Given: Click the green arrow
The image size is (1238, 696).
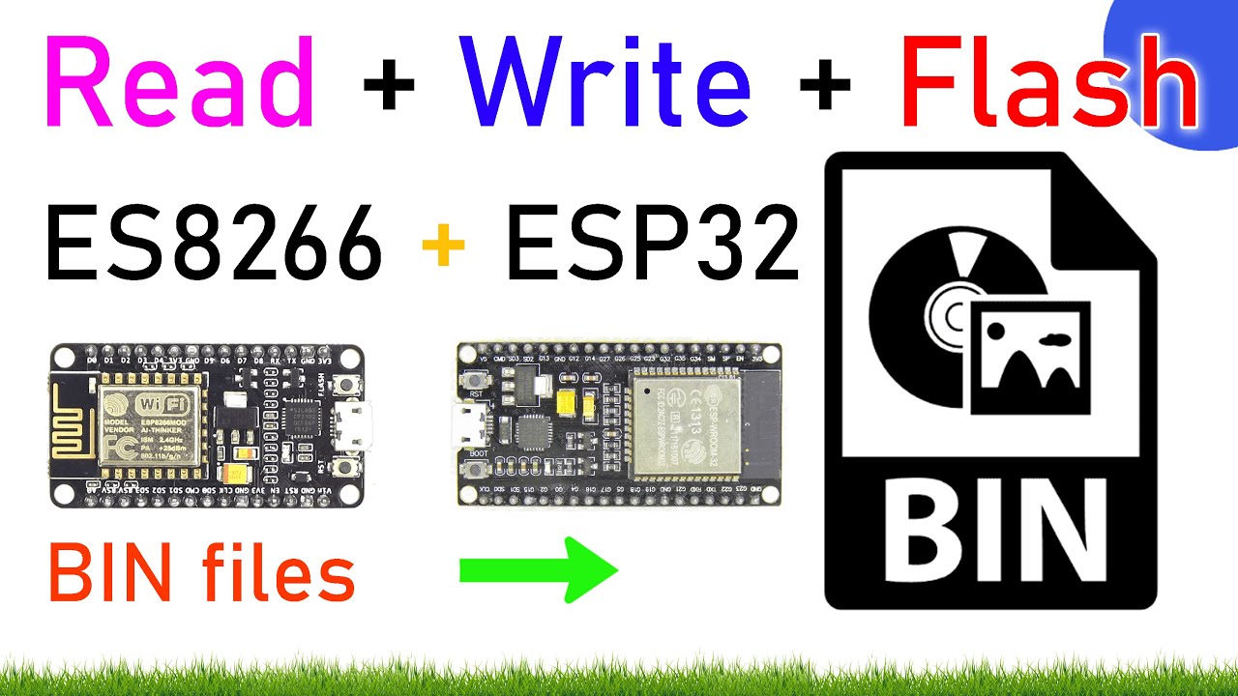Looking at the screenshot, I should point(538,570).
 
